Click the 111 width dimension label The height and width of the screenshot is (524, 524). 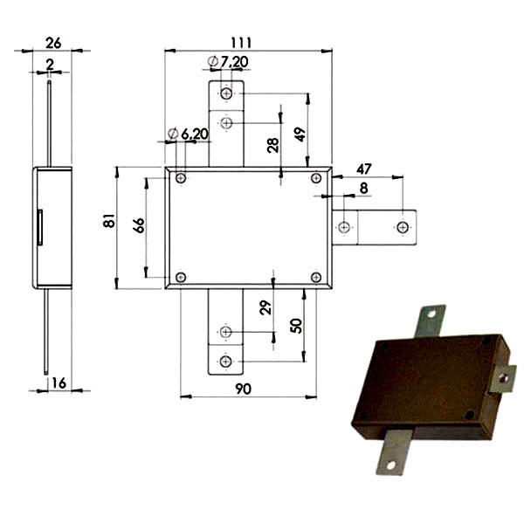coord(241,43)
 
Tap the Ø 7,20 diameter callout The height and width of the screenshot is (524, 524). coord(228,62)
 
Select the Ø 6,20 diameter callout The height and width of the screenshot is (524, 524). coord(188,134)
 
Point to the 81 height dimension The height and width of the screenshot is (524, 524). coord(109,221)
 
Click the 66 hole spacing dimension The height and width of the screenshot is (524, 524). coord(139,225)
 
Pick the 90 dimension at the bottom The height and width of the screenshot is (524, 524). coord(243,389)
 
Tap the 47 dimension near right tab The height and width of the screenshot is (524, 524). coord(364,169)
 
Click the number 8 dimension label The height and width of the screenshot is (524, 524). coord(363,189)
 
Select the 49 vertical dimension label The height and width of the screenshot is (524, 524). coord(300,134)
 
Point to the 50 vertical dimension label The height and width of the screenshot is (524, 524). coord(296,326)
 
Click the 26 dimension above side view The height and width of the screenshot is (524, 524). coord(53,43)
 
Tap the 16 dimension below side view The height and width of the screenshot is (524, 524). coord(59,383)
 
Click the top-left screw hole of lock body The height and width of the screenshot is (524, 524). coord(181,178)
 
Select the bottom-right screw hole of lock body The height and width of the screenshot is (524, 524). coord(316,278)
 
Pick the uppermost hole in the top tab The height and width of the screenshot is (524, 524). coord(226,93)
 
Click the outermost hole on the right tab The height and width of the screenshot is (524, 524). coord(403,227)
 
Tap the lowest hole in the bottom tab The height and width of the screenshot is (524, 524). coord(225,362)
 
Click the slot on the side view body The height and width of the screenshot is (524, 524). coord(40,227)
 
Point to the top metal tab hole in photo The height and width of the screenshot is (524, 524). coord(431,314)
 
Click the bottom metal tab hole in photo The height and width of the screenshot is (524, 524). coord(390,465)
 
